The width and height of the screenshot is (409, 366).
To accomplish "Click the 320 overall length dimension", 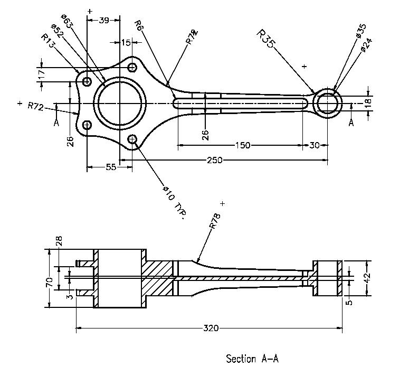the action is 211,328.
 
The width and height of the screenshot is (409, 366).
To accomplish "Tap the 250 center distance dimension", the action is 215,160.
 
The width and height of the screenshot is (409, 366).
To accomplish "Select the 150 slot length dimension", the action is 243,145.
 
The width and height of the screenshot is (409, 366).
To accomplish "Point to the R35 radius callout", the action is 265,39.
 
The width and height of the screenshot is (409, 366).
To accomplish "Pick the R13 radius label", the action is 48,41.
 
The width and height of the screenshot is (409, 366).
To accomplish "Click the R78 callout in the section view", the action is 215,221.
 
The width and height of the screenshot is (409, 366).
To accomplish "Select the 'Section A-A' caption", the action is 252,359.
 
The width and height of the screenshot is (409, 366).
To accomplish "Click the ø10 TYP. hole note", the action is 175,202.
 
